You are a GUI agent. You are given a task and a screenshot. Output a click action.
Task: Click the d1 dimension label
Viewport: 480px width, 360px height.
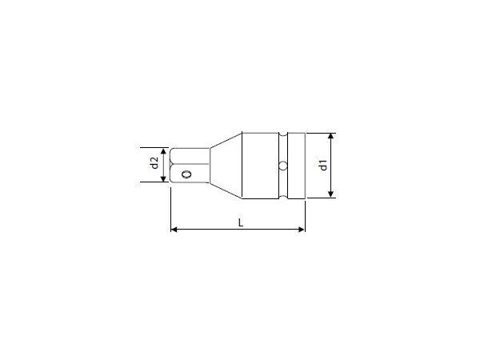click(x=322, y=166)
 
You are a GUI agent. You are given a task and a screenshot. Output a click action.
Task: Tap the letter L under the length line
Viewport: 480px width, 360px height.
click(x=241, y=223)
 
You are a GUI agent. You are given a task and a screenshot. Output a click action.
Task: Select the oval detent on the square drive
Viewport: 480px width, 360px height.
click(x=186, y=174)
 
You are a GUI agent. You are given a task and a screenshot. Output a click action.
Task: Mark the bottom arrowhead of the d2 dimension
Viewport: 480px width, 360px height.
click(x=165, y=178)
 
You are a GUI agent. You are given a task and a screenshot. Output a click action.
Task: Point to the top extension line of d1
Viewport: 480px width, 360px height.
click(x=320, y=133)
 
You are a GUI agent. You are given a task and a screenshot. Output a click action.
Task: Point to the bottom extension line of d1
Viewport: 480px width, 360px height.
click(x=320, y=198)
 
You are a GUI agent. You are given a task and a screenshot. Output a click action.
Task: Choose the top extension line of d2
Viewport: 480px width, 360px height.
click(x=152, y=148)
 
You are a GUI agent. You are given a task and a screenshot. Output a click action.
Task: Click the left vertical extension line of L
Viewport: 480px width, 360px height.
click(x=171, y=208)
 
